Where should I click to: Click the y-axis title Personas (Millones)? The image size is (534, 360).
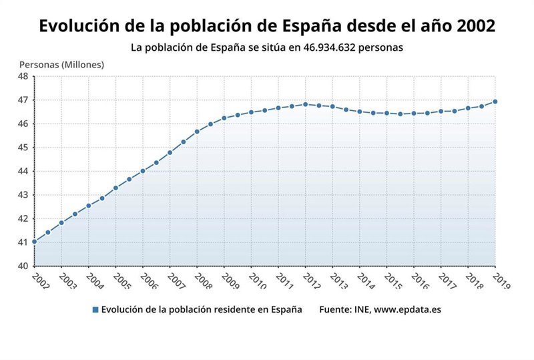coord(61,65)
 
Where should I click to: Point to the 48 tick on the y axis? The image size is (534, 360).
coord(23,76)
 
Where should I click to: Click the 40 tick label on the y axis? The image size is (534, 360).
coord(23,266)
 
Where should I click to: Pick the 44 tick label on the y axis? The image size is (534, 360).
coord(23,171)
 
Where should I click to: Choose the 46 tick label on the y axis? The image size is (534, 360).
coord(23,124)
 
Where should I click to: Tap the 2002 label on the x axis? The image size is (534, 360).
coord(39,281)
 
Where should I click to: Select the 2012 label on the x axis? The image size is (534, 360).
coord(311,281)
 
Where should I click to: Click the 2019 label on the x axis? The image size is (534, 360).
coord(501,281)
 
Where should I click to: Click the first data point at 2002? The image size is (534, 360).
coord(34,242)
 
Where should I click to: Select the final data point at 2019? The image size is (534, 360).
coord(495,102)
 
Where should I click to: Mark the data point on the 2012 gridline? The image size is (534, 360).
coord(306,104)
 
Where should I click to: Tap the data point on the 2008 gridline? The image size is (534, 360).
coord(197,132)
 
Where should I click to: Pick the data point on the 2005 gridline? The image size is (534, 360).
coord(115,188)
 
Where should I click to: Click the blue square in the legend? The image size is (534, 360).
coord(95,310)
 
